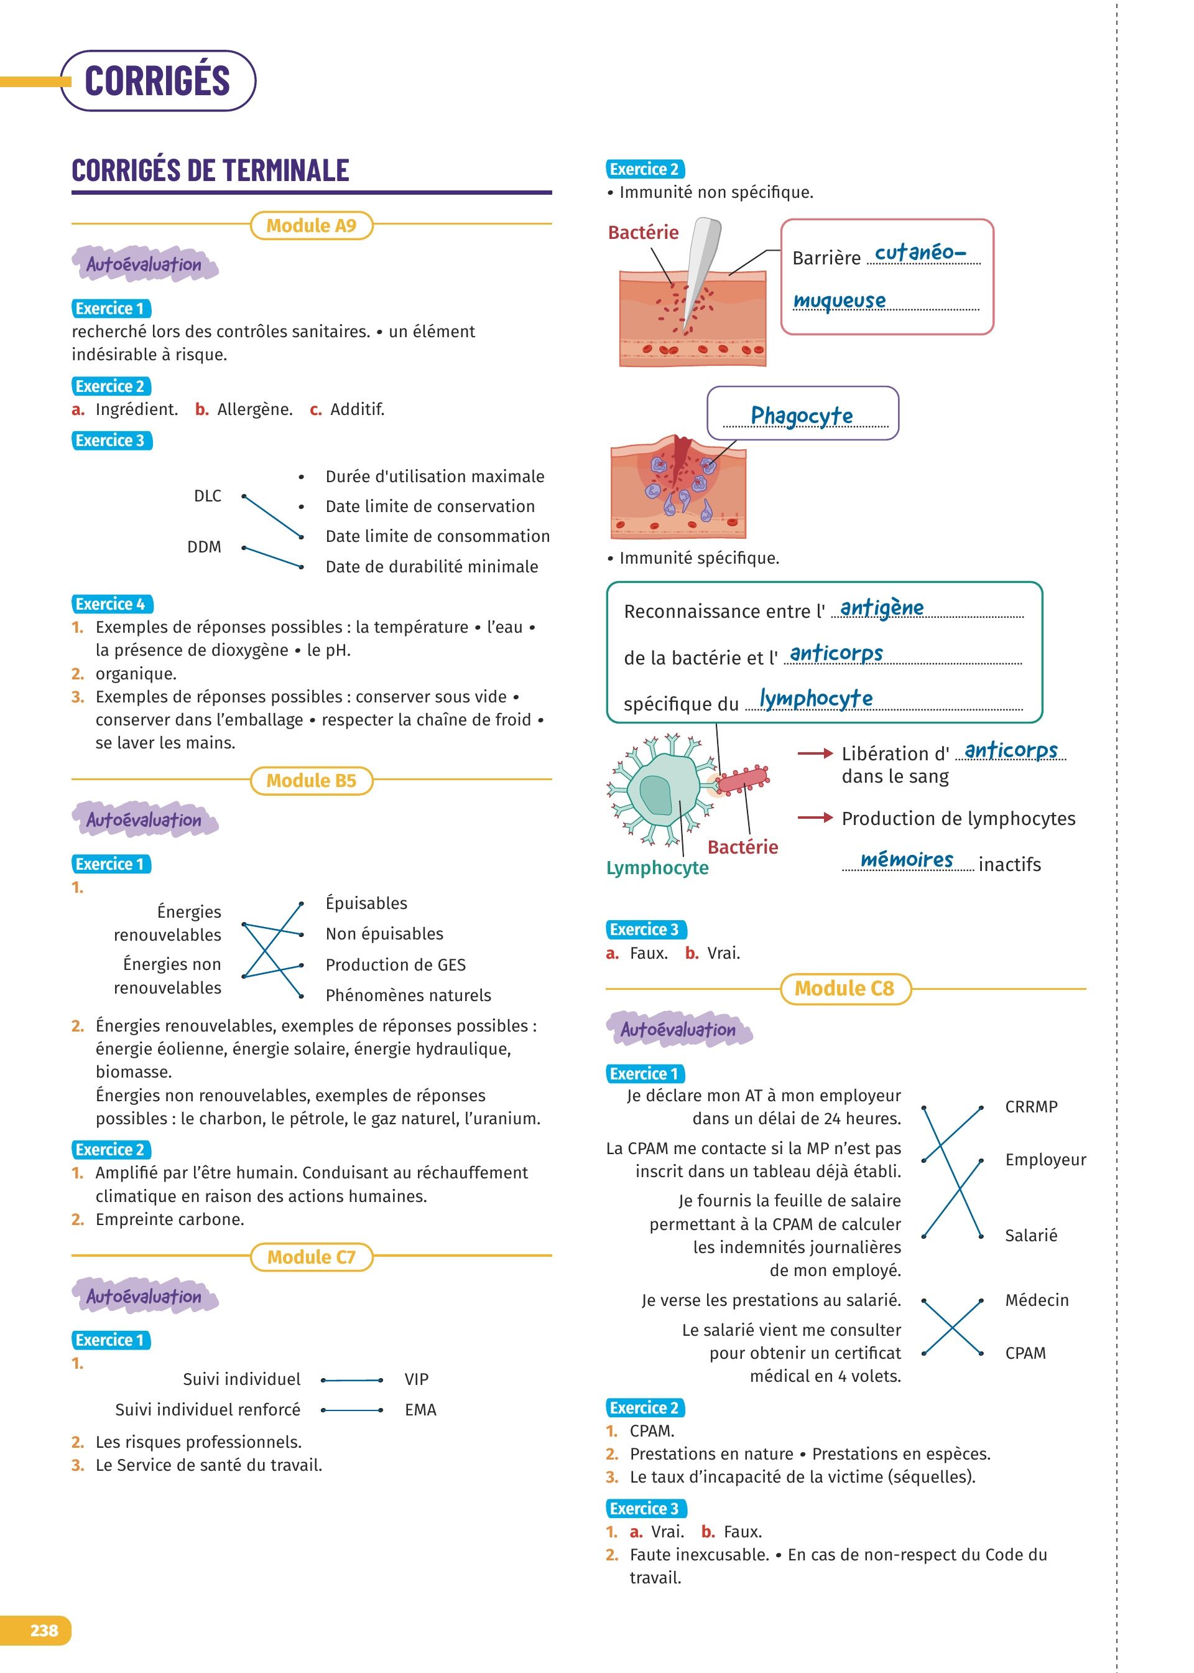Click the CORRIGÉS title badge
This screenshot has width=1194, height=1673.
coord(157,81)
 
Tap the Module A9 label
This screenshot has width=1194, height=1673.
coord(311,225)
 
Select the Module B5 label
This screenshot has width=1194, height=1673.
coord(311,780)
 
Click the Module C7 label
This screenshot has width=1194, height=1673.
coord(311,1257)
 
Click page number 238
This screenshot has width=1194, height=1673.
coord(44,1630)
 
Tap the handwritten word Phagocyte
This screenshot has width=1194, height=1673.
coord(802,416)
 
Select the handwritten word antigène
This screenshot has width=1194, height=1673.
coord(882,608)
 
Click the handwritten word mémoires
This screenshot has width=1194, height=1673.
coord(907,860)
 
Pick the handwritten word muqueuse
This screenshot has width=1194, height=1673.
coord(840,301)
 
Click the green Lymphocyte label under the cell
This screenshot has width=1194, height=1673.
coord(657,868)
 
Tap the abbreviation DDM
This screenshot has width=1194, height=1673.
coord(205,547)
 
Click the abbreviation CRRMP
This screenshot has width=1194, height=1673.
coord(1031,1107)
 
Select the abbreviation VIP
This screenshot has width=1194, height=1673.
coord(416,1379)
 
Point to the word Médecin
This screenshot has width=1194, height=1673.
coord(1037,1300)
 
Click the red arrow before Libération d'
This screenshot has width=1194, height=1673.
coord(815,753)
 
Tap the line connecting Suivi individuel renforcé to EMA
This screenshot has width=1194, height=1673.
coord(351,1410)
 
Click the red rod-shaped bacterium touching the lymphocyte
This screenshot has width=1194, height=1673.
coord(743,779)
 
